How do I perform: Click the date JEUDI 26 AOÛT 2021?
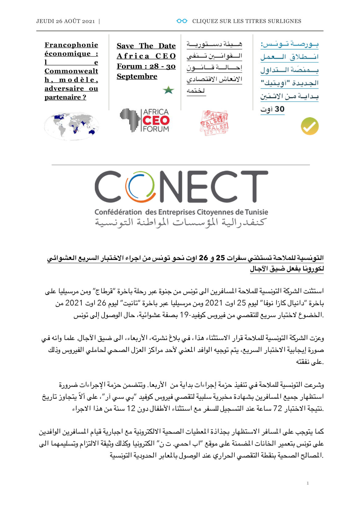[66, 21]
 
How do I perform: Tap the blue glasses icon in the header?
[182, 21]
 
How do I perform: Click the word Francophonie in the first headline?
[71, 45]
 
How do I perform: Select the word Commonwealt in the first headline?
[71, 71]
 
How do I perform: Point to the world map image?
[71, 126]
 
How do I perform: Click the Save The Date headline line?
[146, 46]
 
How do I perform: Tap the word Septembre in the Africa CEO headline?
[137, 76]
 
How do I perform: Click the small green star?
[168, 90]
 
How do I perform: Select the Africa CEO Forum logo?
[145, 120]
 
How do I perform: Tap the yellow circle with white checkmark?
[310, 126]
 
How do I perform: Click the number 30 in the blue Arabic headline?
[279, 109]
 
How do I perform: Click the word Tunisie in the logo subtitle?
[256, 212]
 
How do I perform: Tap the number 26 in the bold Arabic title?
[203, 258]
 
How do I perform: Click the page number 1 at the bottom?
[308, 483]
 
